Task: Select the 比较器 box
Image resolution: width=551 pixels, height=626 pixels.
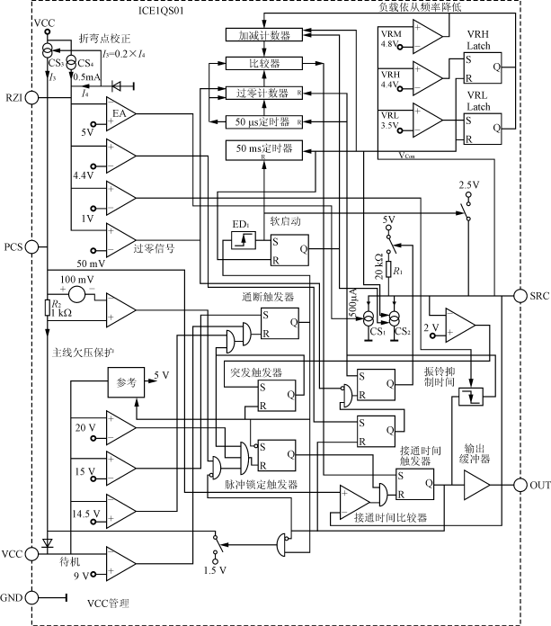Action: point(264,64)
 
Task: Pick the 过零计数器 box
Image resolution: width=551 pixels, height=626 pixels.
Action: point(263,92)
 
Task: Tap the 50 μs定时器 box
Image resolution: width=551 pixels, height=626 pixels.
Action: point(263,121)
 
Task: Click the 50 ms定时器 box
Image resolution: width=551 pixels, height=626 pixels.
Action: point(263,149)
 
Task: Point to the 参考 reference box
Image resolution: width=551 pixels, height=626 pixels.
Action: point(125,382)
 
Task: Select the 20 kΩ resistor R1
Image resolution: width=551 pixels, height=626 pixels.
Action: point(389,269)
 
